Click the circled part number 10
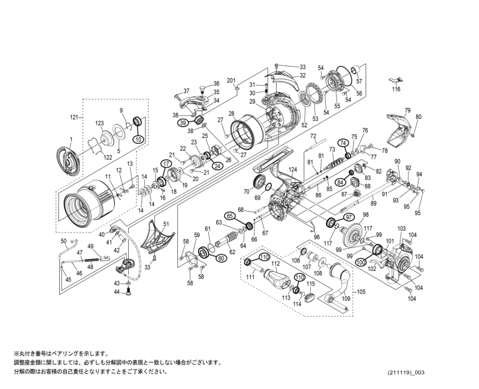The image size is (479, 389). coord(138,139)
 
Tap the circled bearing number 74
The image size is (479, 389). coord(343,143)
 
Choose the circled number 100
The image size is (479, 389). coord(360,262)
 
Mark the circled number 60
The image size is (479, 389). coord(221,258)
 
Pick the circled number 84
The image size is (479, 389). coord(340,182)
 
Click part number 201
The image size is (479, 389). coord(232,81)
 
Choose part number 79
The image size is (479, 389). coord(407,110)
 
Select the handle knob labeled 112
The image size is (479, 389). coord(277,279)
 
